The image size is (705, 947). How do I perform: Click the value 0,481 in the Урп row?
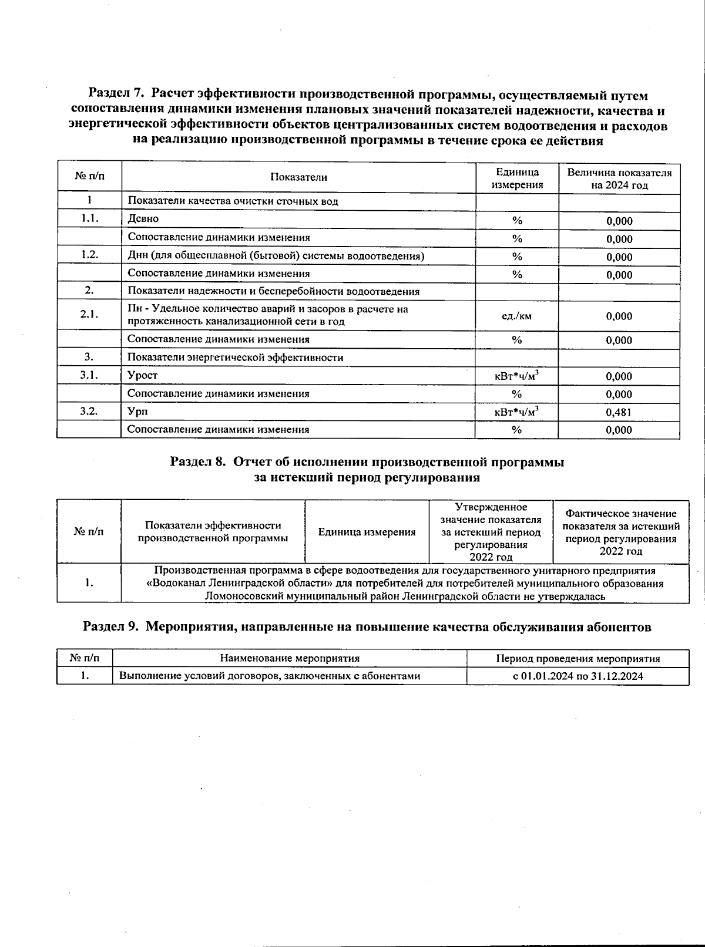619,412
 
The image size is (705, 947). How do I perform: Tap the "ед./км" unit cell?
516,316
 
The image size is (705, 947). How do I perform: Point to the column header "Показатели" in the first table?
298,177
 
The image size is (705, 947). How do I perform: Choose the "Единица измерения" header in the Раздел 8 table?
367,532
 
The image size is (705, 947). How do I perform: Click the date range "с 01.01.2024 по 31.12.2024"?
578,676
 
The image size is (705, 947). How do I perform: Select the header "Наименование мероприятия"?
290,659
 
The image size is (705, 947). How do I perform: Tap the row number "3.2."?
89,412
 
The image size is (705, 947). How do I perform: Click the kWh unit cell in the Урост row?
516,376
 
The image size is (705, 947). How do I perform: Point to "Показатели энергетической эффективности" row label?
235,358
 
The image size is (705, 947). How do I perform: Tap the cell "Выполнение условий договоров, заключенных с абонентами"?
270,676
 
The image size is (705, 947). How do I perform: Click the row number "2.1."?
89,315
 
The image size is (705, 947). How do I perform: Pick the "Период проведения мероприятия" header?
578,659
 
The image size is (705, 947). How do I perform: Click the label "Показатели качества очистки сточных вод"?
233,201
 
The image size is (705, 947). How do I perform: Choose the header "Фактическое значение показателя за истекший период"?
620,532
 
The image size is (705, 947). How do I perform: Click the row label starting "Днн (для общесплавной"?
276,256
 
